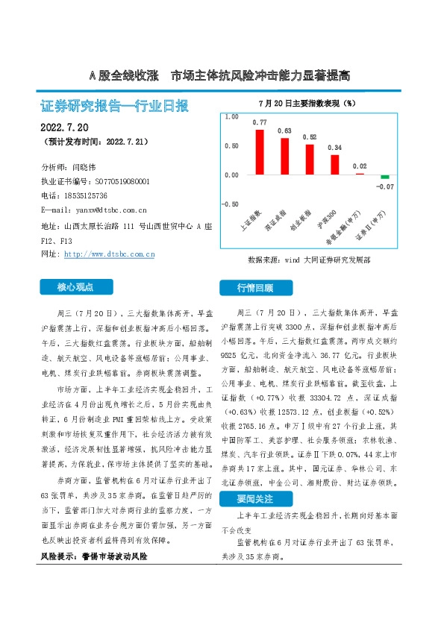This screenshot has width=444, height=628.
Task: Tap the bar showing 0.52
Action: (x=310, y=160)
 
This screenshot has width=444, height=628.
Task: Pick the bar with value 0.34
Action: (x=335, y=165)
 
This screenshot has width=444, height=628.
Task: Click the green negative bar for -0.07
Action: (x=385, y=177)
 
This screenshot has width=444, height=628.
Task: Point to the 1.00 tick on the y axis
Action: (x=231, y=117)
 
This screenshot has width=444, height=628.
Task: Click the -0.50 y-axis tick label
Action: (x=230, y=204)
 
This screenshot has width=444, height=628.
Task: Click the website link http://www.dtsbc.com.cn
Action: (x=110, y=254)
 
